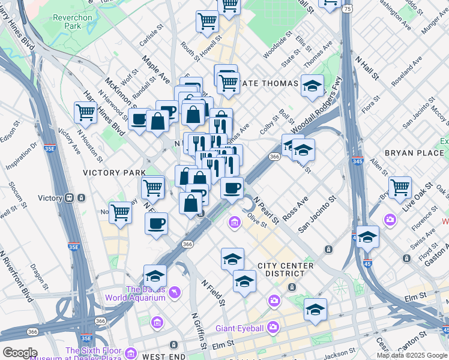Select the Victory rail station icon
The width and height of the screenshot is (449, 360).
point(71,198)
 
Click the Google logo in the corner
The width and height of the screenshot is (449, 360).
point(19,353)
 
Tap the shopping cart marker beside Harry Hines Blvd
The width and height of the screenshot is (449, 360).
point(86,112)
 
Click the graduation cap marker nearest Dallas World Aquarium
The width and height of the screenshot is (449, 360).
point(155,275)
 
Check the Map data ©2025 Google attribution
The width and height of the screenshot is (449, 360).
point(412,355)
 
